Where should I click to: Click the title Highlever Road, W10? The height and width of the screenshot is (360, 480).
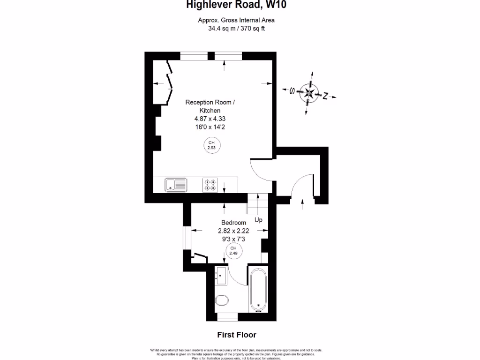[236, 5]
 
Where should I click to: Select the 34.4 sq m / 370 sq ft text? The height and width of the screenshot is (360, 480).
[236, 28]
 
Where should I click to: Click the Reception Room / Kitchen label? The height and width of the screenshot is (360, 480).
[210, 106]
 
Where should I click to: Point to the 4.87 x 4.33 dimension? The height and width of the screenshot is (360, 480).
[210, 119]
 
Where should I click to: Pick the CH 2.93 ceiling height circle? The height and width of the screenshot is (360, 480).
[211, 145]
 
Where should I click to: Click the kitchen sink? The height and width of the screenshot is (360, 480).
[176, 185]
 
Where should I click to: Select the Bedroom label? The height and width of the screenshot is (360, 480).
[233, 223]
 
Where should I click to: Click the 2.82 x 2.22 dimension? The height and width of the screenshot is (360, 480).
[233, 231]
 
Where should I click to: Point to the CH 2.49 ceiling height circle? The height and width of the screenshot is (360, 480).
[233, 251]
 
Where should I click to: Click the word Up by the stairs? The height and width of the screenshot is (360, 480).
[258, 220]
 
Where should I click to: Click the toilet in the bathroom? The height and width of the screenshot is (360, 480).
[222, 300]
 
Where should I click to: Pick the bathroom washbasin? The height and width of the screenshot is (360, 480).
[221, 275]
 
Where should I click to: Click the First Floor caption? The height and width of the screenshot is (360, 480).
[236, 335]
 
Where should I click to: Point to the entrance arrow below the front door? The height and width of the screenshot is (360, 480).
[302, 202]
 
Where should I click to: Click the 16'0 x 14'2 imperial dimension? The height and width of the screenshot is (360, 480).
[210, 127]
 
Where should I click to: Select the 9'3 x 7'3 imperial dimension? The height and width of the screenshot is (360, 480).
[233, 239]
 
